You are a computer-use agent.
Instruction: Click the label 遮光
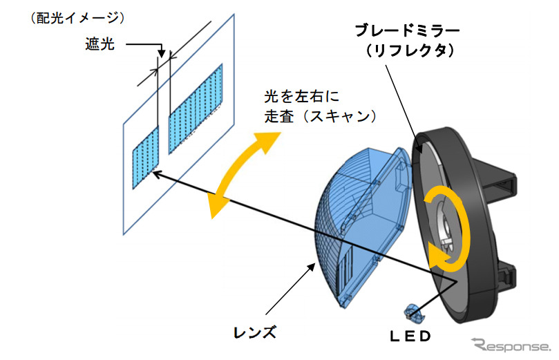[x=100, y=45]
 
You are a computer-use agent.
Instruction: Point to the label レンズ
[x=256, y=333]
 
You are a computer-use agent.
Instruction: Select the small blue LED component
[x=414, y=315]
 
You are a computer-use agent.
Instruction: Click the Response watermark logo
[x=512, y=343]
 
